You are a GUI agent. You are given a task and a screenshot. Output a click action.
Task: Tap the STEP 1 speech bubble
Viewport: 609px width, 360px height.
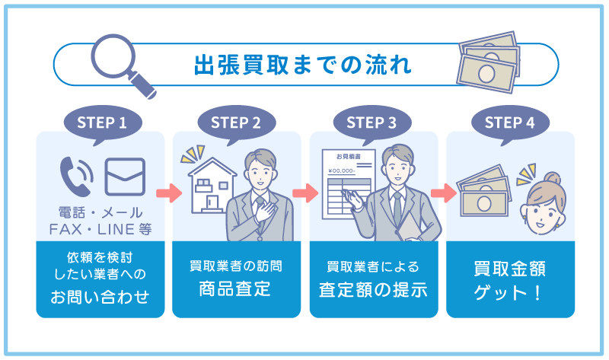click(x=101, y=122)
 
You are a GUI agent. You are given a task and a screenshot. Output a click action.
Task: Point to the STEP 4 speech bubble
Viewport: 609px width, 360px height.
click(x=509, y=122)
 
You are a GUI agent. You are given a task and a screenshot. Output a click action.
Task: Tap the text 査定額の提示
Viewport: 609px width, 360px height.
click(x=372, y=290)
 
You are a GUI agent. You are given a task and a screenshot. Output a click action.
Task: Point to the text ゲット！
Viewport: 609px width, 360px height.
click(x=509, y=292)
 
